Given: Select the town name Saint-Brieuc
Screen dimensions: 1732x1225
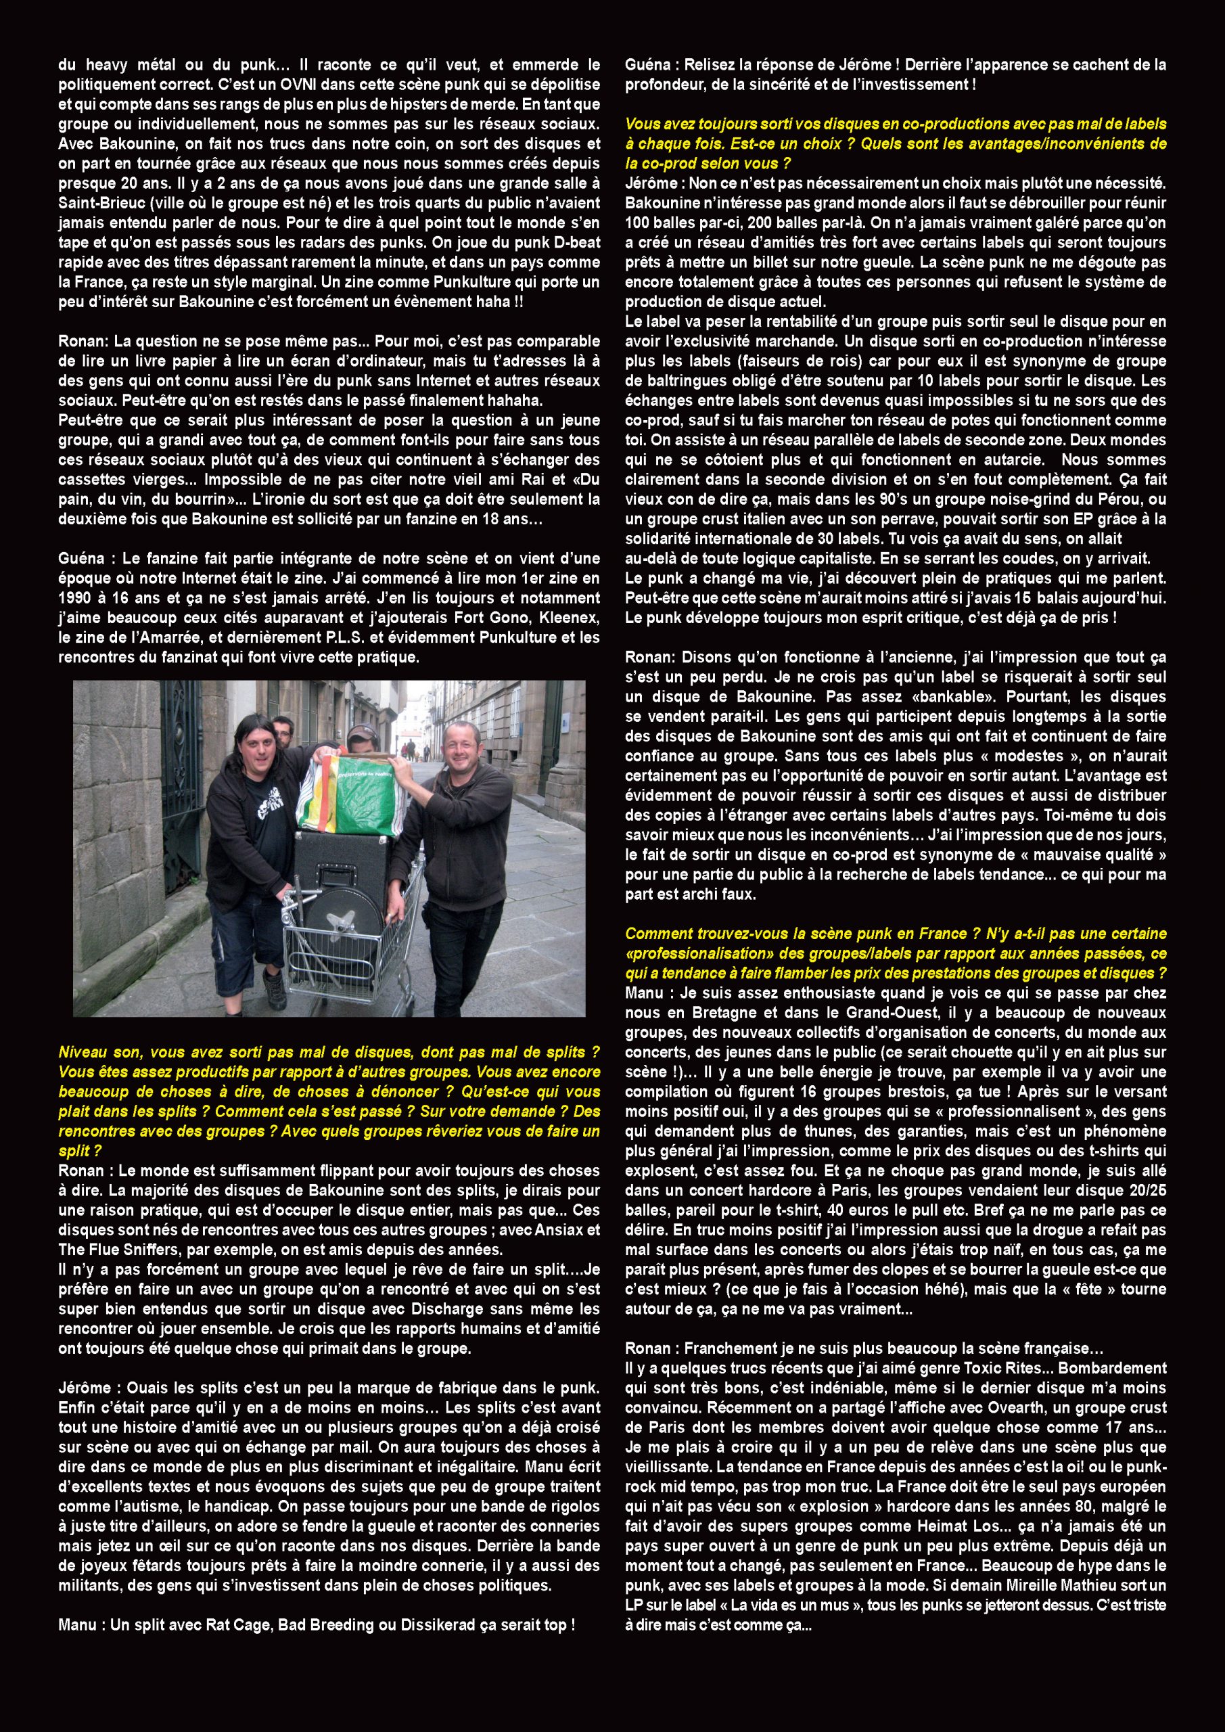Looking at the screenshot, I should pyautogui.click(x=101, y=203).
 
